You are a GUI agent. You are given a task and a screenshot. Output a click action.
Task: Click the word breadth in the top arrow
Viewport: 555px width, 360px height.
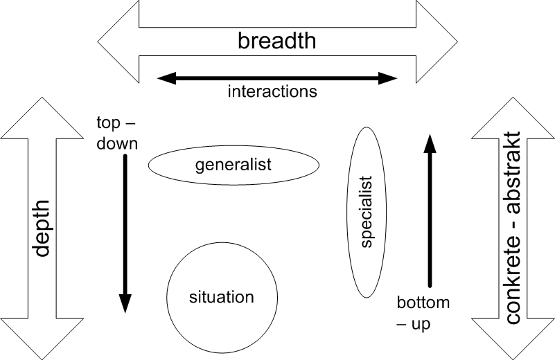click(276, 41)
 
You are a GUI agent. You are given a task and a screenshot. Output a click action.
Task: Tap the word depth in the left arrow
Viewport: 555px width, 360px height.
click(42, 228)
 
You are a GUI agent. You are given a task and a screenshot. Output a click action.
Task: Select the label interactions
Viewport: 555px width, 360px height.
click(272, 91)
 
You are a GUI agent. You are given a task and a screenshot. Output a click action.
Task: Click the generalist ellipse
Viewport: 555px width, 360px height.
click(234, 165)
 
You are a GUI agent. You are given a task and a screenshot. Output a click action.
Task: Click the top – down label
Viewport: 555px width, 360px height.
click(116, 134)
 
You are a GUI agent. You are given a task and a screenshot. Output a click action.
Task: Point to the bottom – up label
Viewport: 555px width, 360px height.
click(423, 313)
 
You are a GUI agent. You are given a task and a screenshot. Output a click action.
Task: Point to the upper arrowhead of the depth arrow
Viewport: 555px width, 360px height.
click(42, 118)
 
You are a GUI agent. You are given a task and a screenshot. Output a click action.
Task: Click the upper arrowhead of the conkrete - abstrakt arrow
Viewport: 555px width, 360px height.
click(513, 118)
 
